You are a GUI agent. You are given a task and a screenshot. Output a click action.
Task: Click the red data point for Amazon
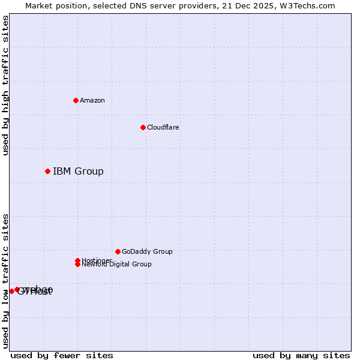[76, 100]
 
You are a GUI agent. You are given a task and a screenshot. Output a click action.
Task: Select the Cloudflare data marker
[143, 127]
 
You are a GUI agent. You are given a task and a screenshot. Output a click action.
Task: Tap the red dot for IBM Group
[47, 172]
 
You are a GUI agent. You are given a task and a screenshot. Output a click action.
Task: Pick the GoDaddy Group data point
[118, 251]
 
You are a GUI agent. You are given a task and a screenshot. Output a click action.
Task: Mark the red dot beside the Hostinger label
[77, 260]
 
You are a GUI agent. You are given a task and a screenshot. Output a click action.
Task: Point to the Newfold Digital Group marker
[78, 265]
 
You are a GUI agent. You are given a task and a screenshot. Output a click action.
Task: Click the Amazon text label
[92, 100]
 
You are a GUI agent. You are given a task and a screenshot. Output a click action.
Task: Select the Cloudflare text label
[163, 127]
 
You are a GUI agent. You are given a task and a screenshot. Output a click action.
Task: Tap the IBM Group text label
[78, 172]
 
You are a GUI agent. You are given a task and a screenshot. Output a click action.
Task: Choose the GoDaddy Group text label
[147, 251]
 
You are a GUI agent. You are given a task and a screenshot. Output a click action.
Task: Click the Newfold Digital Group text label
[117, 265]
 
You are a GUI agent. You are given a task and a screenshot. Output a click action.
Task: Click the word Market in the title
[39, 5]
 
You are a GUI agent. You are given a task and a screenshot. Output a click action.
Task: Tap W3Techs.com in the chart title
[308, 5]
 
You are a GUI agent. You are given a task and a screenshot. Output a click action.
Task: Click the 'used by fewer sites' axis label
[62, 356]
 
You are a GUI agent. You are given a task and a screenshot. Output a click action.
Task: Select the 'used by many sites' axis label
[301, 356]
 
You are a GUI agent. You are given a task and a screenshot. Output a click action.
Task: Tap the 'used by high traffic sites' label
[6, 85]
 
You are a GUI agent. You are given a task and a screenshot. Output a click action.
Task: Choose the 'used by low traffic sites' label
[6, 281]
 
